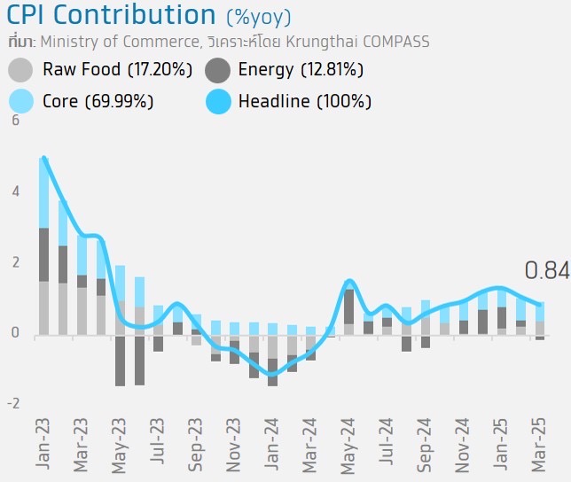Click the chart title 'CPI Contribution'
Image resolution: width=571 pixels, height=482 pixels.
(x=112, y=15)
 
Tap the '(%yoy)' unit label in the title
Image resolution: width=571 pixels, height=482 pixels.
(x=258, y=17)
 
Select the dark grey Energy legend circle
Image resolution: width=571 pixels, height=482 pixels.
(x=219, y=70)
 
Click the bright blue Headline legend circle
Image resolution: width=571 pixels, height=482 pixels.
(x=219, y=101)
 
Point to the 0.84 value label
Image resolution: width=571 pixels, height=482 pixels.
(x=546, y=271)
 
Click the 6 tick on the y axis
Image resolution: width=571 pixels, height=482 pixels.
(x=14, y=120)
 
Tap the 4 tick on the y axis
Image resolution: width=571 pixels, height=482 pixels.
(x=14, y=191)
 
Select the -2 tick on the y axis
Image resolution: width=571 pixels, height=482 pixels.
(x=12, y=404)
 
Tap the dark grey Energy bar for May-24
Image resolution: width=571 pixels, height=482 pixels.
(x=348, y=307)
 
